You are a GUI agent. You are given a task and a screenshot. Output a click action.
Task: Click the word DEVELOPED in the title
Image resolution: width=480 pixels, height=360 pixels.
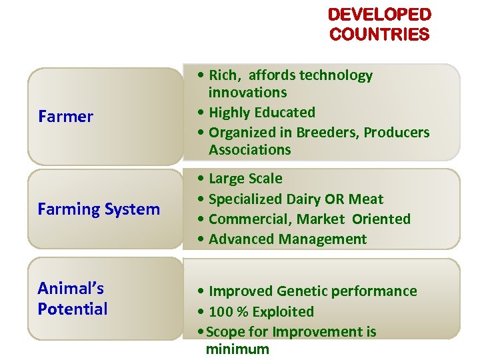click(x=380, y=15)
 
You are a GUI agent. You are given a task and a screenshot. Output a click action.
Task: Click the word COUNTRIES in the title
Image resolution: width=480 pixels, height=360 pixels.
click(x=380, y=34)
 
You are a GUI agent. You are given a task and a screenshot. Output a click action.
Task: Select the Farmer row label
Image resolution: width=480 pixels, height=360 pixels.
click(x=65, y=117)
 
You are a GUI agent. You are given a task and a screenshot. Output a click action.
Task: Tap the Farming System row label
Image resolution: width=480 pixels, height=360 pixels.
click(x=99, y=209)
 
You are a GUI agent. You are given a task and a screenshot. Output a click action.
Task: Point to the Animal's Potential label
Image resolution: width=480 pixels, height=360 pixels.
click(x=72, y=299)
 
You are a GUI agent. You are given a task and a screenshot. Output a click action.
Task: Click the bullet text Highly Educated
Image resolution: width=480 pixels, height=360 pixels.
click(x=261, y=113)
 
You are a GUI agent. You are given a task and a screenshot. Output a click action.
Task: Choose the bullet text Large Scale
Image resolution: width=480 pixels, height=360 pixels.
click(x=245, y=179)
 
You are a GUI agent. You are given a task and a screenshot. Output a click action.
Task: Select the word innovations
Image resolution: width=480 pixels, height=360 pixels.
click(x=247, y=93)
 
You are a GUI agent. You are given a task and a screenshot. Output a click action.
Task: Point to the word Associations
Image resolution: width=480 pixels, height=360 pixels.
click(x=249, y=150)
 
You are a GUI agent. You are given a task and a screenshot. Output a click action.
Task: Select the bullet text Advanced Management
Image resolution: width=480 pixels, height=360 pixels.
click(x=287, y=239)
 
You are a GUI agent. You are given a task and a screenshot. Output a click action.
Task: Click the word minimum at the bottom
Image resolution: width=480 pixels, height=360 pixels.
click(x=237, y=349)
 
